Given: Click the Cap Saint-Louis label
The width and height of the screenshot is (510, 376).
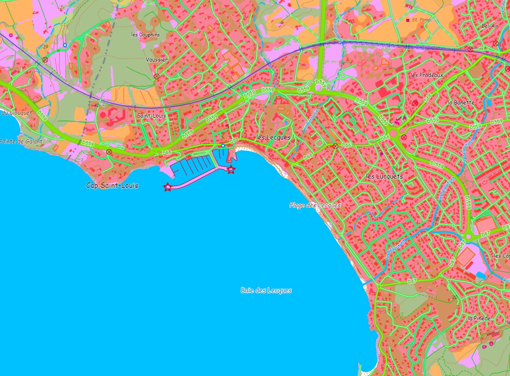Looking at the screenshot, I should pos(112,186).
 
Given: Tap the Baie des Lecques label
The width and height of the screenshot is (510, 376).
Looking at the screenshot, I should pos(266,290).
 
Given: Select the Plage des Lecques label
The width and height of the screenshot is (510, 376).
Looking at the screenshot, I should pos(315,205).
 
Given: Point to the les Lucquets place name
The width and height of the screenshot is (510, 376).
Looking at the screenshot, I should pos(384,176).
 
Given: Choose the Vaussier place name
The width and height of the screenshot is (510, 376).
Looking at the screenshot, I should pos(156,60).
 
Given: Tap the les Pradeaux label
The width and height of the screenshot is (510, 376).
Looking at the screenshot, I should pos(427,75).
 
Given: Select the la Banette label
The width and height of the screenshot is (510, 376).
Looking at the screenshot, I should pos(461,103).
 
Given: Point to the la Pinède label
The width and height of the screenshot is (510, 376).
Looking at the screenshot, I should pos(479,318).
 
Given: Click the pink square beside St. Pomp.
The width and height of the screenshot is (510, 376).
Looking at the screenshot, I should pos(408,20).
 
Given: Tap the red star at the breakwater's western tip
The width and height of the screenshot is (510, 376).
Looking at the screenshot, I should pos(168,187).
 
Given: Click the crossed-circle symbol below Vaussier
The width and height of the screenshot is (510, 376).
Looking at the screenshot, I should pos(156,77).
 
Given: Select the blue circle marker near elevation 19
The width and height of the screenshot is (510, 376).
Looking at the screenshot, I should pos(65,45).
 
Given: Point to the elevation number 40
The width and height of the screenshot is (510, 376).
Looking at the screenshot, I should pos(96,105).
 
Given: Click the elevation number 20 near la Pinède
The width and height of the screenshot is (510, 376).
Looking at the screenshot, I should pos(454,298).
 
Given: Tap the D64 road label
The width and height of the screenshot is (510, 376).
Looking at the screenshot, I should pos(427,98).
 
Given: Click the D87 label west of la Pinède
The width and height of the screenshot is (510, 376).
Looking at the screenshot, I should pos(412,281).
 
